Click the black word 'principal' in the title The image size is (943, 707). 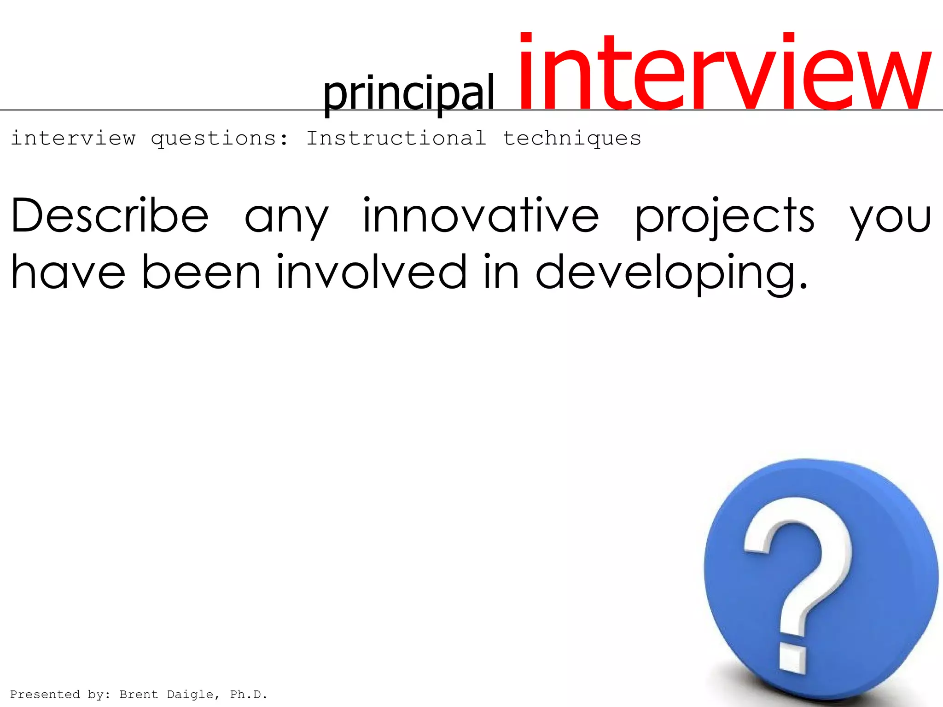[x=408, y=93]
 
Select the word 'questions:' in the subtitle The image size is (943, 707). [x=220, y=139]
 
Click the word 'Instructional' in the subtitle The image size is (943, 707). [x=396, y=138]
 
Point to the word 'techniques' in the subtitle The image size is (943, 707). [x=572, y=139]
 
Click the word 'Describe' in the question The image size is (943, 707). [x=110, y=215]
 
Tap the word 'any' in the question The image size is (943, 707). [x=286, y=218]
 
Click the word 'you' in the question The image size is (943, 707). [x=891, y=218]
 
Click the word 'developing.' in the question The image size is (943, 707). [x=672, y=273]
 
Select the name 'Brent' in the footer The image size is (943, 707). [x=138, y=694]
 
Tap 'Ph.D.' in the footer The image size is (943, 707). [x=249, y=694]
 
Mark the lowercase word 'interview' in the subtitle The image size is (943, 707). [x=73, y=138]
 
